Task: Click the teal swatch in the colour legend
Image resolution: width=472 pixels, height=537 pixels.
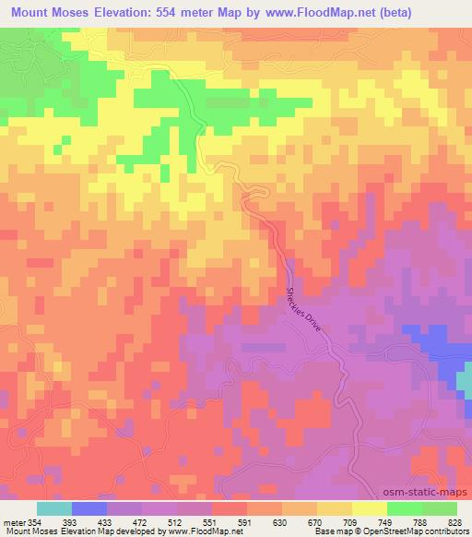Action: coord(54,508)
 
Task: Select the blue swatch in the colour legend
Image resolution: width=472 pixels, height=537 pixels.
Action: coord(89,508)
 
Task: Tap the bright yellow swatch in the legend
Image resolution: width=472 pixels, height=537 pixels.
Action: coord(370,508)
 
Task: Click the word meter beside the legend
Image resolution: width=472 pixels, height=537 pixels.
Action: coord(12,522)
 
